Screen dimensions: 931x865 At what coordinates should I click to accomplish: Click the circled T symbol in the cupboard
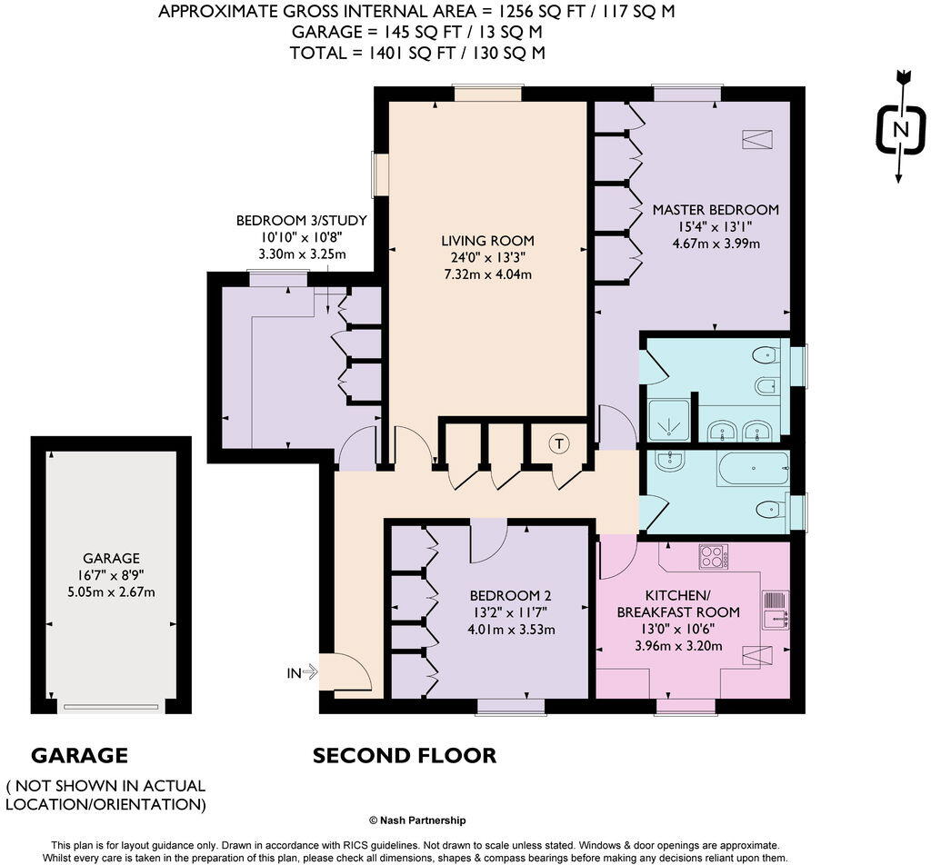tap(559, 443)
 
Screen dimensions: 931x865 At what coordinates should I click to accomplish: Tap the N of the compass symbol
tap(901, 129)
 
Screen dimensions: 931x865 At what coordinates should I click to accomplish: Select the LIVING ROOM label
tap(487, 240)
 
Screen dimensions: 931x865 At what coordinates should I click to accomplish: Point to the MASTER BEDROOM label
tap(716, 209)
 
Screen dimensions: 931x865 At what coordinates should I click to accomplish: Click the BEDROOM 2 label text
tap(511, 596)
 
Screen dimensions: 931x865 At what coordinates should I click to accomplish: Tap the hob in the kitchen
tap(713, 556)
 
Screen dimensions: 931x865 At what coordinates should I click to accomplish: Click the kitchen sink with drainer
tap(776, 610)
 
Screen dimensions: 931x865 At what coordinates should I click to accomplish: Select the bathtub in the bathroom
tap(754, 469)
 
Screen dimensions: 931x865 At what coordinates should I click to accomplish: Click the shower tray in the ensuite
tap(669, 421)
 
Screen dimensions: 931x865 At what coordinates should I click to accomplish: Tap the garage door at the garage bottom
tap(111, 707)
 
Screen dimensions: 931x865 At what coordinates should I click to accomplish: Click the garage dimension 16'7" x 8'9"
tap(111, 575)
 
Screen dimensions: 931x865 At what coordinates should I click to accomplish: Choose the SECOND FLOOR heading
tap(405, 755)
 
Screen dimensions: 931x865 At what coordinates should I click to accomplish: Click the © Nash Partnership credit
tap(417, 820)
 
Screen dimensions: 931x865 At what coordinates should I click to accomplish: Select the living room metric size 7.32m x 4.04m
tap(487, 274)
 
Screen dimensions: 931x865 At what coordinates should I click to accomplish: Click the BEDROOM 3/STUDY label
tap(302, 221)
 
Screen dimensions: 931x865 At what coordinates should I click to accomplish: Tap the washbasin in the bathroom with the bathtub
tap(670, 460)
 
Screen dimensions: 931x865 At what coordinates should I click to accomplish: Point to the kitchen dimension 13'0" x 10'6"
tap(678, 629)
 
